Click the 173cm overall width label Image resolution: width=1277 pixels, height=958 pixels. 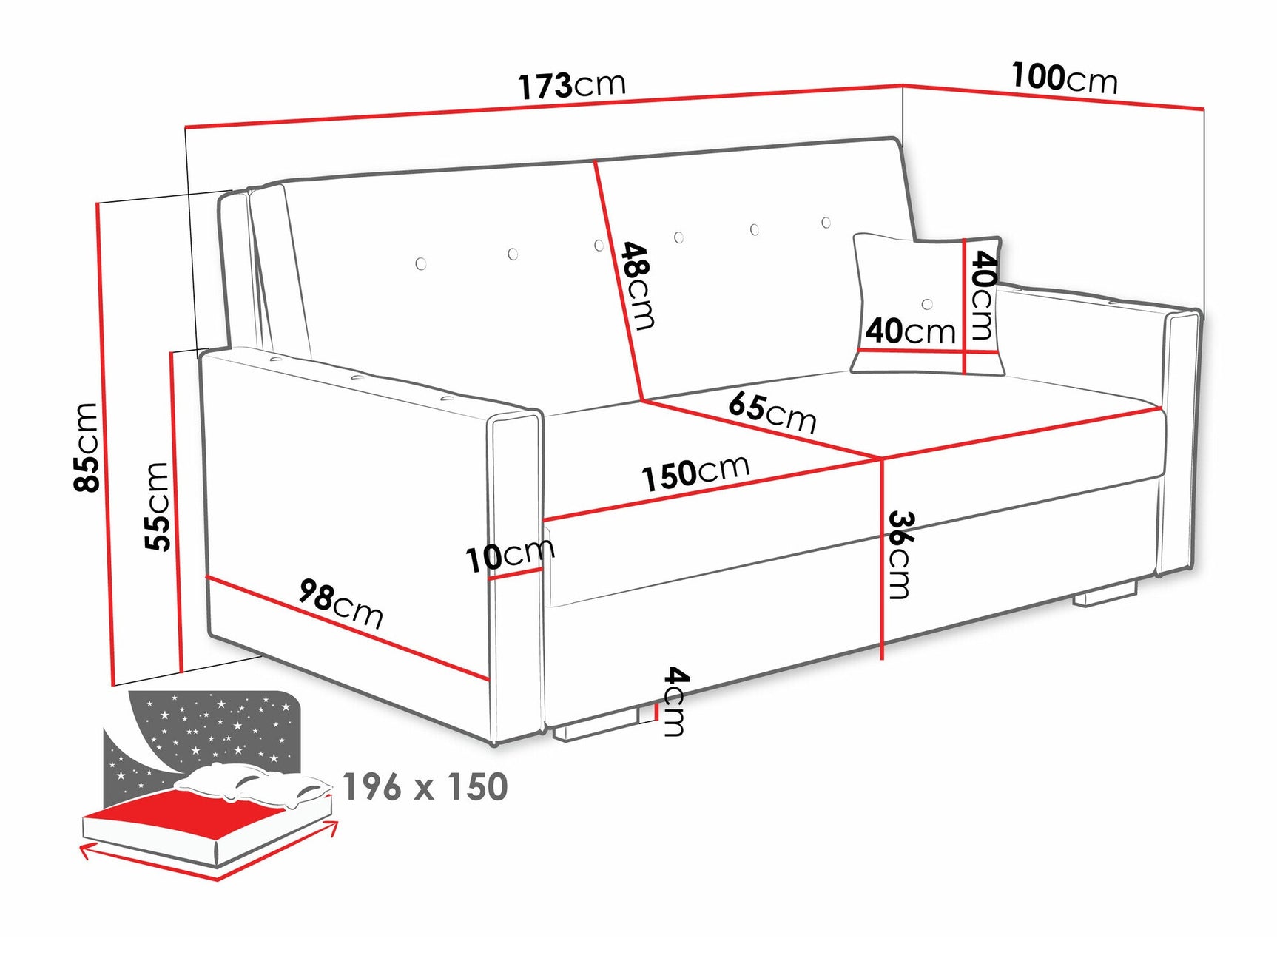click(571, 85)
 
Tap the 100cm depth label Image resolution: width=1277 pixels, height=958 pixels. click(1064, 78)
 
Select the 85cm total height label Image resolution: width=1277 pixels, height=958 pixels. click(87, 447)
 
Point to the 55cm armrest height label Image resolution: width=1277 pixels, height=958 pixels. click(158, 506)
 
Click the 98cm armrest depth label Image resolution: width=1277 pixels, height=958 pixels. click(341, 603)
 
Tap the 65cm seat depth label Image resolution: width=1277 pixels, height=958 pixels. click(772, 411)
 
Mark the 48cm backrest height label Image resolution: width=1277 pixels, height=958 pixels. click(637, 285)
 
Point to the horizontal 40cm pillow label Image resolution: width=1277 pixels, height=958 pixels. click(910, 330)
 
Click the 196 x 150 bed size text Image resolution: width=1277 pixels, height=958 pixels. click(425, 787)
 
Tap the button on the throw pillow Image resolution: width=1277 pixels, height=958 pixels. click(927, 304)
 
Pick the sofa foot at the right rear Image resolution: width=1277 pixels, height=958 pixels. click(1105, 596)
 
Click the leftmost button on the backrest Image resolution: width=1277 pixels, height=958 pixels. click(421, 263)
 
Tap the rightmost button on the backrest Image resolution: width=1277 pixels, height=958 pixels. click(826, 223)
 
